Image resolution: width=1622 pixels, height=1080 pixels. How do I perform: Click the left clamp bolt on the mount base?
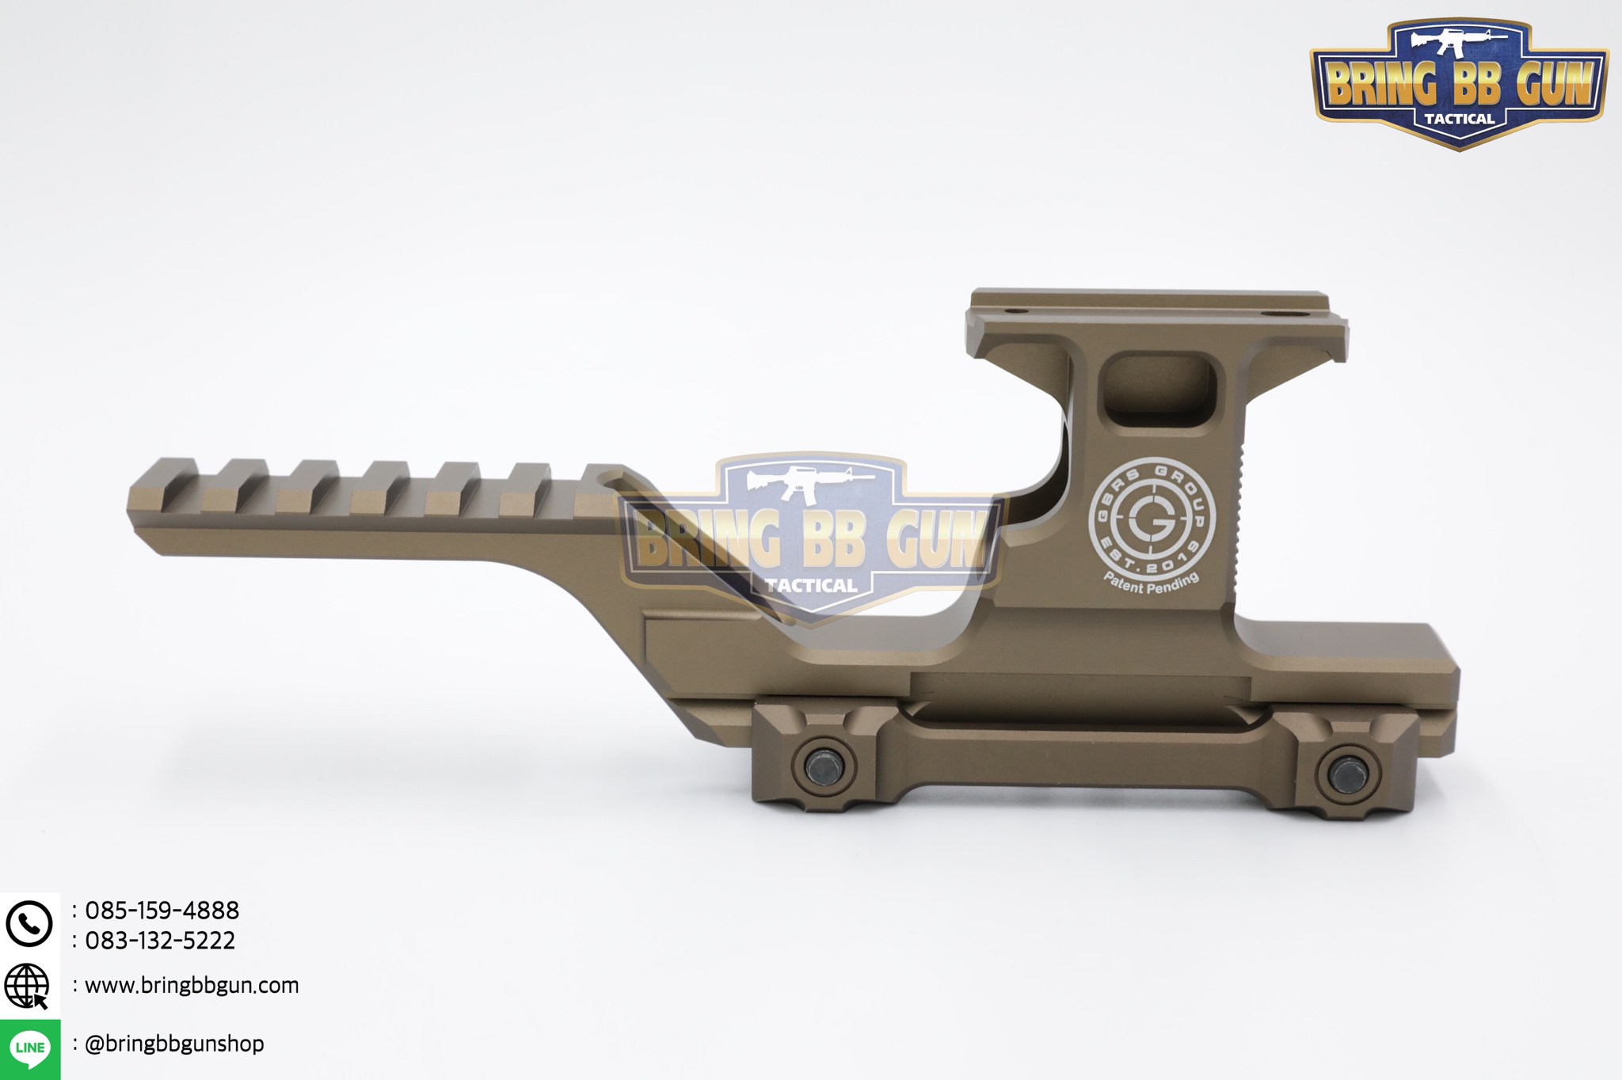pos(822,766)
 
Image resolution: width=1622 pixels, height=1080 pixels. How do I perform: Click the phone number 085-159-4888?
pos(162,910)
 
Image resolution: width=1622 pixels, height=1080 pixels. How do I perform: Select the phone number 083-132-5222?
pos(160,941)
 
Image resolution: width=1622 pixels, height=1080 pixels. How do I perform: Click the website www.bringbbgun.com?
pos(192,986)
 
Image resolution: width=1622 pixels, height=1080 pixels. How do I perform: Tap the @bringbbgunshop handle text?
pos(174,1044)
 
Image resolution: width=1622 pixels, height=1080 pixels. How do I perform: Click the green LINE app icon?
pos(30,1048)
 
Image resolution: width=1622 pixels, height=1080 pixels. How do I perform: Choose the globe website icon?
pos(27,987)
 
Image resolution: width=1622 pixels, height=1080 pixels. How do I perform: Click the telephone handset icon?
pos(29,923)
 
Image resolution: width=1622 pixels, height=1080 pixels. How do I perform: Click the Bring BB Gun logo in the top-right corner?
pos(1459,83)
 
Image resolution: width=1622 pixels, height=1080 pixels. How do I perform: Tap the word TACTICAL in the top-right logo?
pos(1459,120)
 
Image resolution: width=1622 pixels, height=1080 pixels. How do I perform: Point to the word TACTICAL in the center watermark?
pos(811,586)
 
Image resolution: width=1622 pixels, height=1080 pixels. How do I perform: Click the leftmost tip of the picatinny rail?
pos(131,503)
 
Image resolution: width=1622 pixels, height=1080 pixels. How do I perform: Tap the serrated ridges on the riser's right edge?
pos(1241,515)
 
